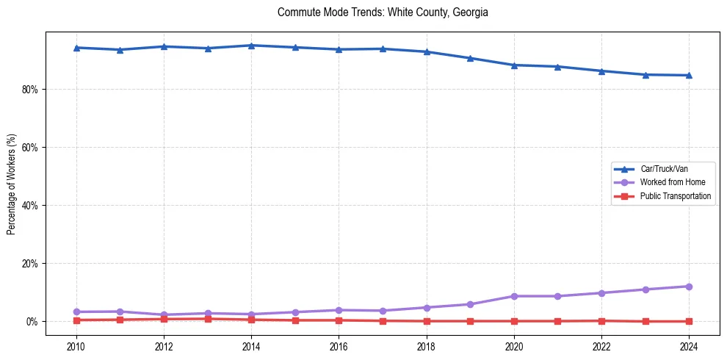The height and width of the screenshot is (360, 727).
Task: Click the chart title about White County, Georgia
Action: point(383,12)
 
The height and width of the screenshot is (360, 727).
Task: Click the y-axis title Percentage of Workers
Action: point(11,184)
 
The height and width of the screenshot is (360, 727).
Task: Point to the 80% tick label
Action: point(31,90)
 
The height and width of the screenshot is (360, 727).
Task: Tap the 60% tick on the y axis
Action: point(31,148)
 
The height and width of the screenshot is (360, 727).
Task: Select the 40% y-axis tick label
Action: point(31,206)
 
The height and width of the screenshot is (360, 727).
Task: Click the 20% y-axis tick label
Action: point(31,264)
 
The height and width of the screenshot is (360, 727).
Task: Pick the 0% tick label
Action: point(33,322)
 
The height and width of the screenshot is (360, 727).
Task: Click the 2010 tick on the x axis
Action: point(76,345)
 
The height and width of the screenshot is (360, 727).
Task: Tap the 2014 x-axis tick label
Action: point(251,345)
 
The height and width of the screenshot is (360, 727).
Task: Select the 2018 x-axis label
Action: point(427,345)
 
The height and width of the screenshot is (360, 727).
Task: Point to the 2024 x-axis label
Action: point(689,345)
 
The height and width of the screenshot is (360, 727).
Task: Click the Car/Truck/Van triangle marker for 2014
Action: point(251,46)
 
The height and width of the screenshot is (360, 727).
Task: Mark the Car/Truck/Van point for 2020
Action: point(514,65)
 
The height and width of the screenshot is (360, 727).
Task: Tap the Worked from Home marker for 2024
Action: point(689,287)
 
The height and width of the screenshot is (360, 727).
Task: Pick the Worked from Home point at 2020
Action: point(514,296)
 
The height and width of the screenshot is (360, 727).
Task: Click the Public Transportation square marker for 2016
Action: point(339,320)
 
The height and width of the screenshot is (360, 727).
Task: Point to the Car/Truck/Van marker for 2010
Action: point(76,48)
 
